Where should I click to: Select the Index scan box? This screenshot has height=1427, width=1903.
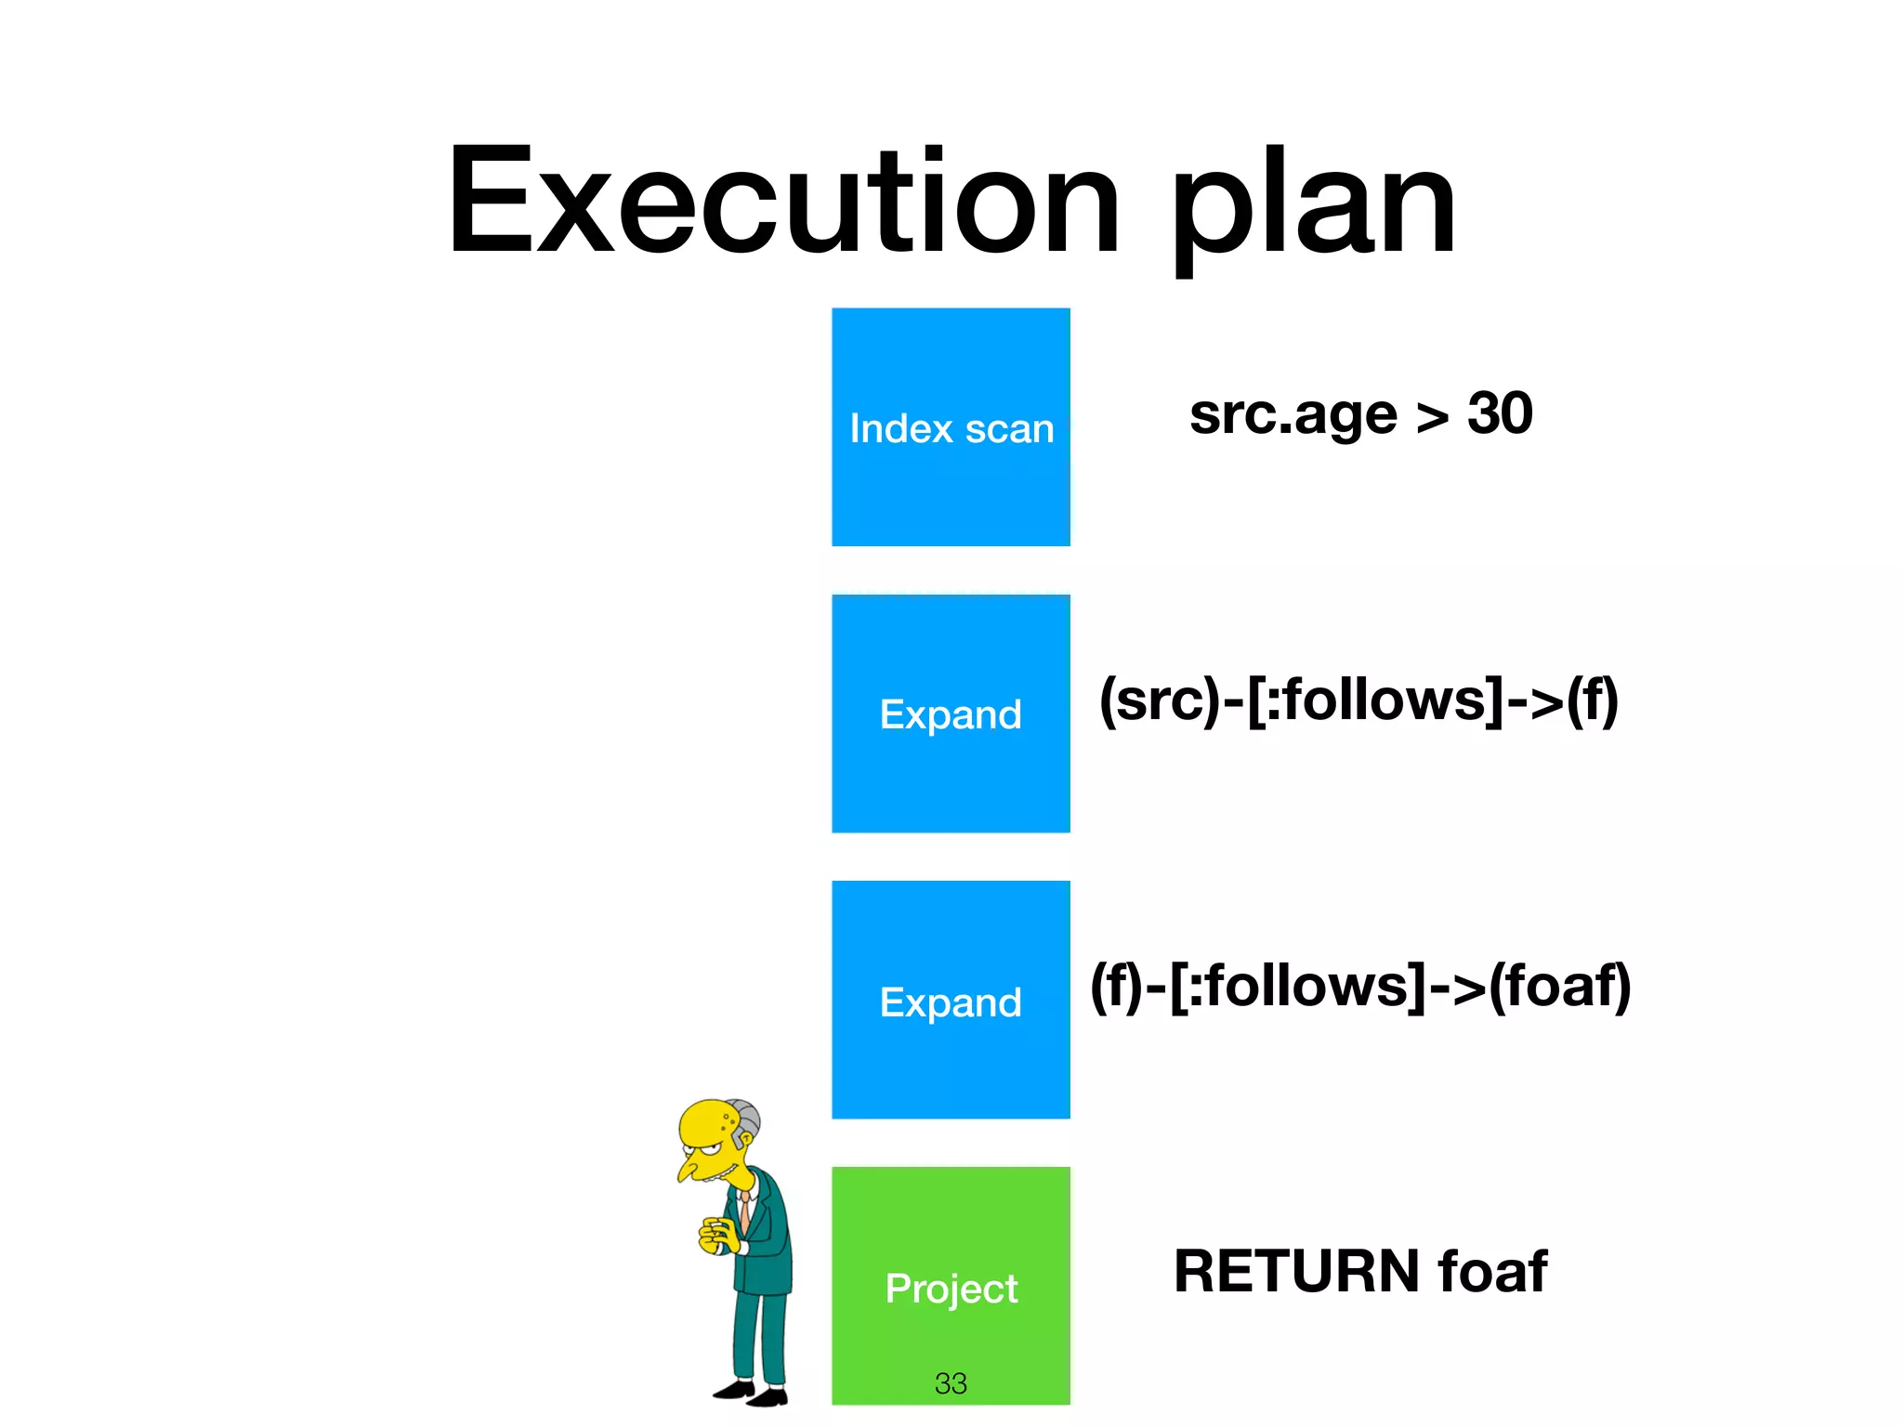click(951, 427)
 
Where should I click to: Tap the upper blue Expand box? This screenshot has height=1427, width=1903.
click(951, 713)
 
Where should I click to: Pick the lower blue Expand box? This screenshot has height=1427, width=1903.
click(951, 1001)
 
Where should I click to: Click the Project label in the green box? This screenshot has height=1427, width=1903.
click(951, 1289)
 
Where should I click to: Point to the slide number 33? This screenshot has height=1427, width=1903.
click(951, 1383)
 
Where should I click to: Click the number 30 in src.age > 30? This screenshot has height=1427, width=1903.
click(1499, 413)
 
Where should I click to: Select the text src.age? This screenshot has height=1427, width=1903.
click(1293, 415)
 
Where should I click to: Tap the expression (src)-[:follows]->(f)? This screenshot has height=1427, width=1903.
click(1358, 700)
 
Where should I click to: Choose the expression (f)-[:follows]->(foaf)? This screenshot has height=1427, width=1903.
click(1359, 986)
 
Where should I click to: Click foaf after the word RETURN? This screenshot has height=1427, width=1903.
click(1492, 1271)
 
